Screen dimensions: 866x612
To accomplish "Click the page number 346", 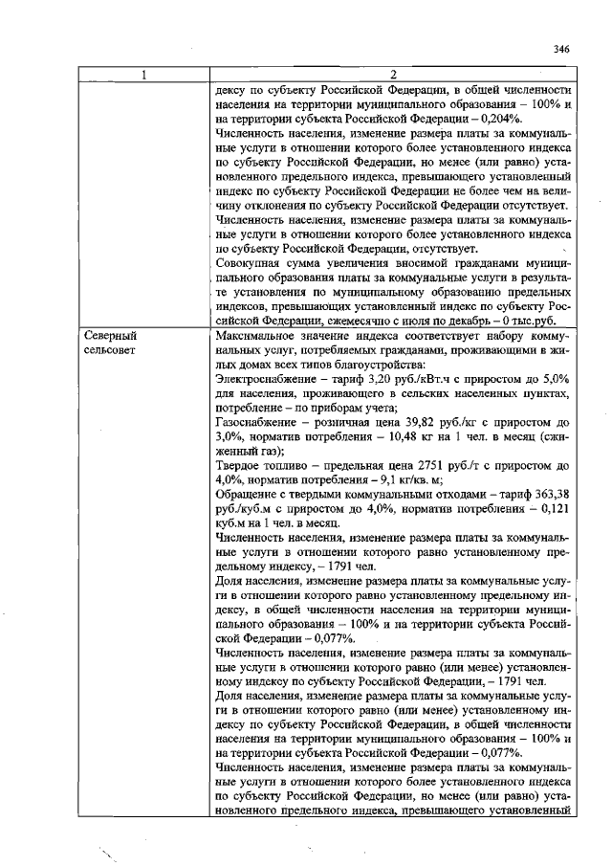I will (x=560, y=49).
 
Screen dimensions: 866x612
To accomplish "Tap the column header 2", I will (x=393, y=75).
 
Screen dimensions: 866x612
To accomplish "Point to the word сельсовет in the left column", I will (x=112, y=351).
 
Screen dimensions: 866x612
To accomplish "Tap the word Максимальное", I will (x=260, y=337).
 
